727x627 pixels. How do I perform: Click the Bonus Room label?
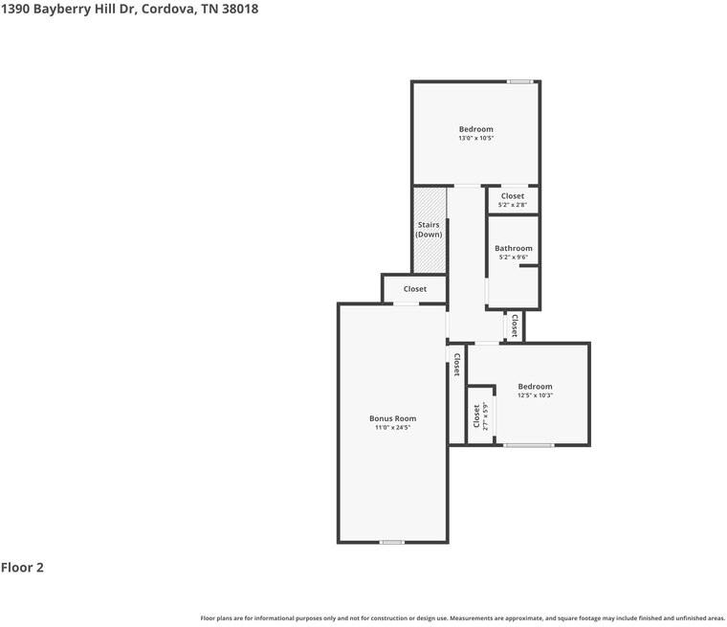(392, 418)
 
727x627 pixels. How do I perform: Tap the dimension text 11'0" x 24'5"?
(392, 428)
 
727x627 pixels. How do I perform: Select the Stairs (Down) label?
(429, 230)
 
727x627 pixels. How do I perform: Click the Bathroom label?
(514, 249)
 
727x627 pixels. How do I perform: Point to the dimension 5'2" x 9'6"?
(514, 258)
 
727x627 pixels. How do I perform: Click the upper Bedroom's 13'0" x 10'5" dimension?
(475, 139)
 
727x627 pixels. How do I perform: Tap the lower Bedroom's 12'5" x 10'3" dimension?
(535, 395)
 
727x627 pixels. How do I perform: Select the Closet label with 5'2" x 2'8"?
(513, 196)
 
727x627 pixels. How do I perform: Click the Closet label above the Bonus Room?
(414, 289)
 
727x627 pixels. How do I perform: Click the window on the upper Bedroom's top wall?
(519, 81)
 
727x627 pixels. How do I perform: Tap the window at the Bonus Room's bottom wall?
(391, 543)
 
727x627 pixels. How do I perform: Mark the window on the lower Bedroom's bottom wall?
(529, 445)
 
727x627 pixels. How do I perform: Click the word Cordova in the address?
(168, 9)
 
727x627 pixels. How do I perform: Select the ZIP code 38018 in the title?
(239, 9)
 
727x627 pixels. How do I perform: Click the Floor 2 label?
(22, 568)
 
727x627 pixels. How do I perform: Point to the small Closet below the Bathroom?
(515, 325)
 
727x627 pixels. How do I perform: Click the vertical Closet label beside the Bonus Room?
(457, 365)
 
